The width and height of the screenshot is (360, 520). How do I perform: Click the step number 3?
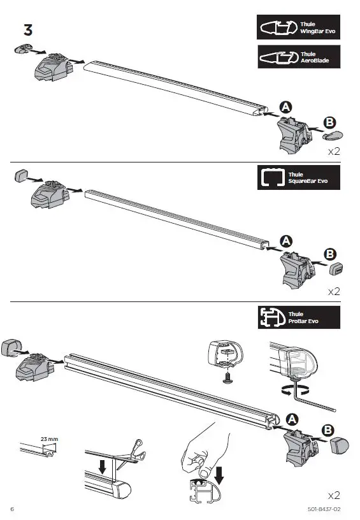[29, 29]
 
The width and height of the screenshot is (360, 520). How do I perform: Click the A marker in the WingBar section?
[285, 108]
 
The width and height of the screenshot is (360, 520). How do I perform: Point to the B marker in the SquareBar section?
[330, 254]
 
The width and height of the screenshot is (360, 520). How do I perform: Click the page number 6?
[12, 508]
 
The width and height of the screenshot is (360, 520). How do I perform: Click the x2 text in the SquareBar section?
[333, 291]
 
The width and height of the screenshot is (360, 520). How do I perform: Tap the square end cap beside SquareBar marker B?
[336, 270]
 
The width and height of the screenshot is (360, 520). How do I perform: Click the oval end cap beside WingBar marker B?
[334, 135]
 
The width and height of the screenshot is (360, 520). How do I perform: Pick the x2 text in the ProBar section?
[333, 495]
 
